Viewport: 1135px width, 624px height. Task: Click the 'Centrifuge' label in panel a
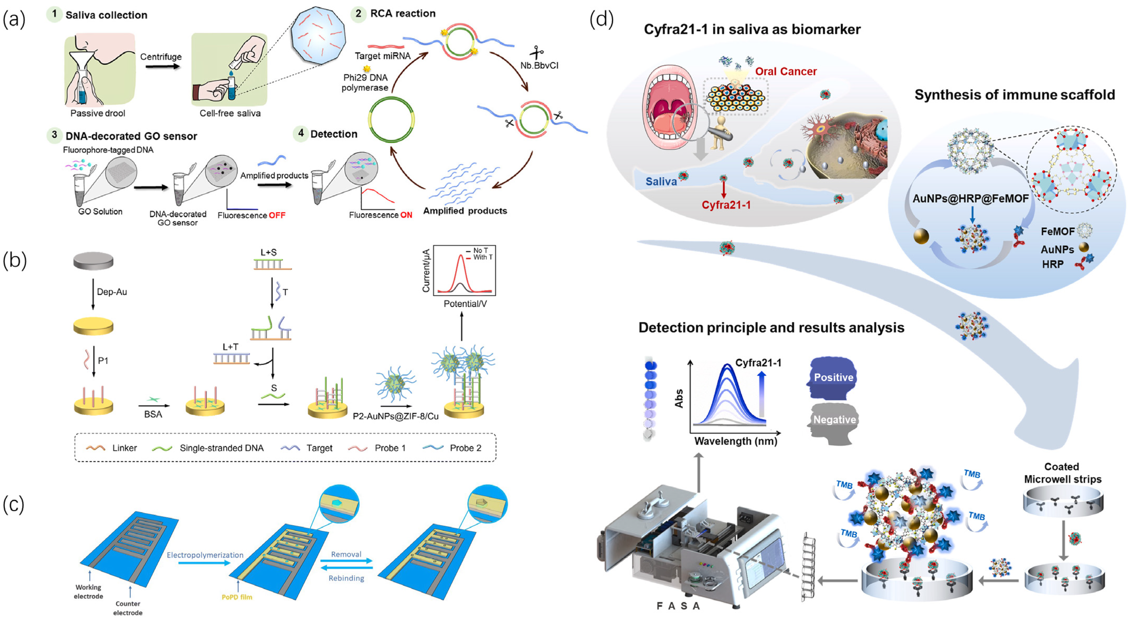tap(161, 57)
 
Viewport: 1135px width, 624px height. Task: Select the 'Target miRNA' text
tap(382, 56)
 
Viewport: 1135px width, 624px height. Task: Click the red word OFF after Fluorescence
tap(277, 215)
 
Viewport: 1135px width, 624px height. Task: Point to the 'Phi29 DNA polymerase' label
tap(365, 82)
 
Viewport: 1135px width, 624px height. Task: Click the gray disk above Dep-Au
tap(93, 261)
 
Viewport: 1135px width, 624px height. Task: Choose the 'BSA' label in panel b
tap(153, 414)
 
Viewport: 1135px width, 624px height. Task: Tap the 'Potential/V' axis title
tap(465, 304)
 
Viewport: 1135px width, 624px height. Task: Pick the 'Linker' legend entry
tap(112, 448)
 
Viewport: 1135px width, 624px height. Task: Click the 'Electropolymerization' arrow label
tap(205, 555)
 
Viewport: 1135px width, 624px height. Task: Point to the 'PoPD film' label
tap(237, 597)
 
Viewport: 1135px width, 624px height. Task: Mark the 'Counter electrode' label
tap(128, 608)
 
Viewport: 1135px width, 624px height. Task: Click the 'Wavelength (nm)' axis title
tap(735, 441)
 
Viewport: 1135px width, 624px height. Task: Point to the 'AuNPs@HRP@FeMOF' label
tap(971, 199)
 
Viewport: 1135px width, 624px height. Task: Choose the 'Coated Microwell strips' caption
tap(1062, 473)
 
